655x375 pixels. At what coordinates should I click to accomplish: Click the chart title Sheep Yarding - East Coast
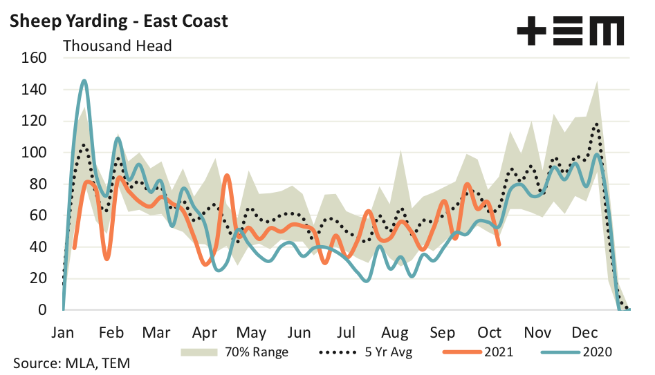[118, 21]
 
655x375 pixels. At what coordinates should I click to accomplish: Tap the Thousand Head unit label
[118, 46]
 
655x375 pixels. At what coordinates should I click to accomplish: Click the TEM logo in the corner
[571, 31]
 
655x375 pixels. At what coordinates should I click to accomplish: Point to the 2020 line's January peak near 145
[84, 81]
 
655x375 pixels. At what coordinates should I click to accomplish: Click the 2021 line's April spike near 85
[227, 175]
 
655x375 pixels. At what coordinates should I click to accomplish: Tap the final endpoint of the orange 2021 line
[499, 244]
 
